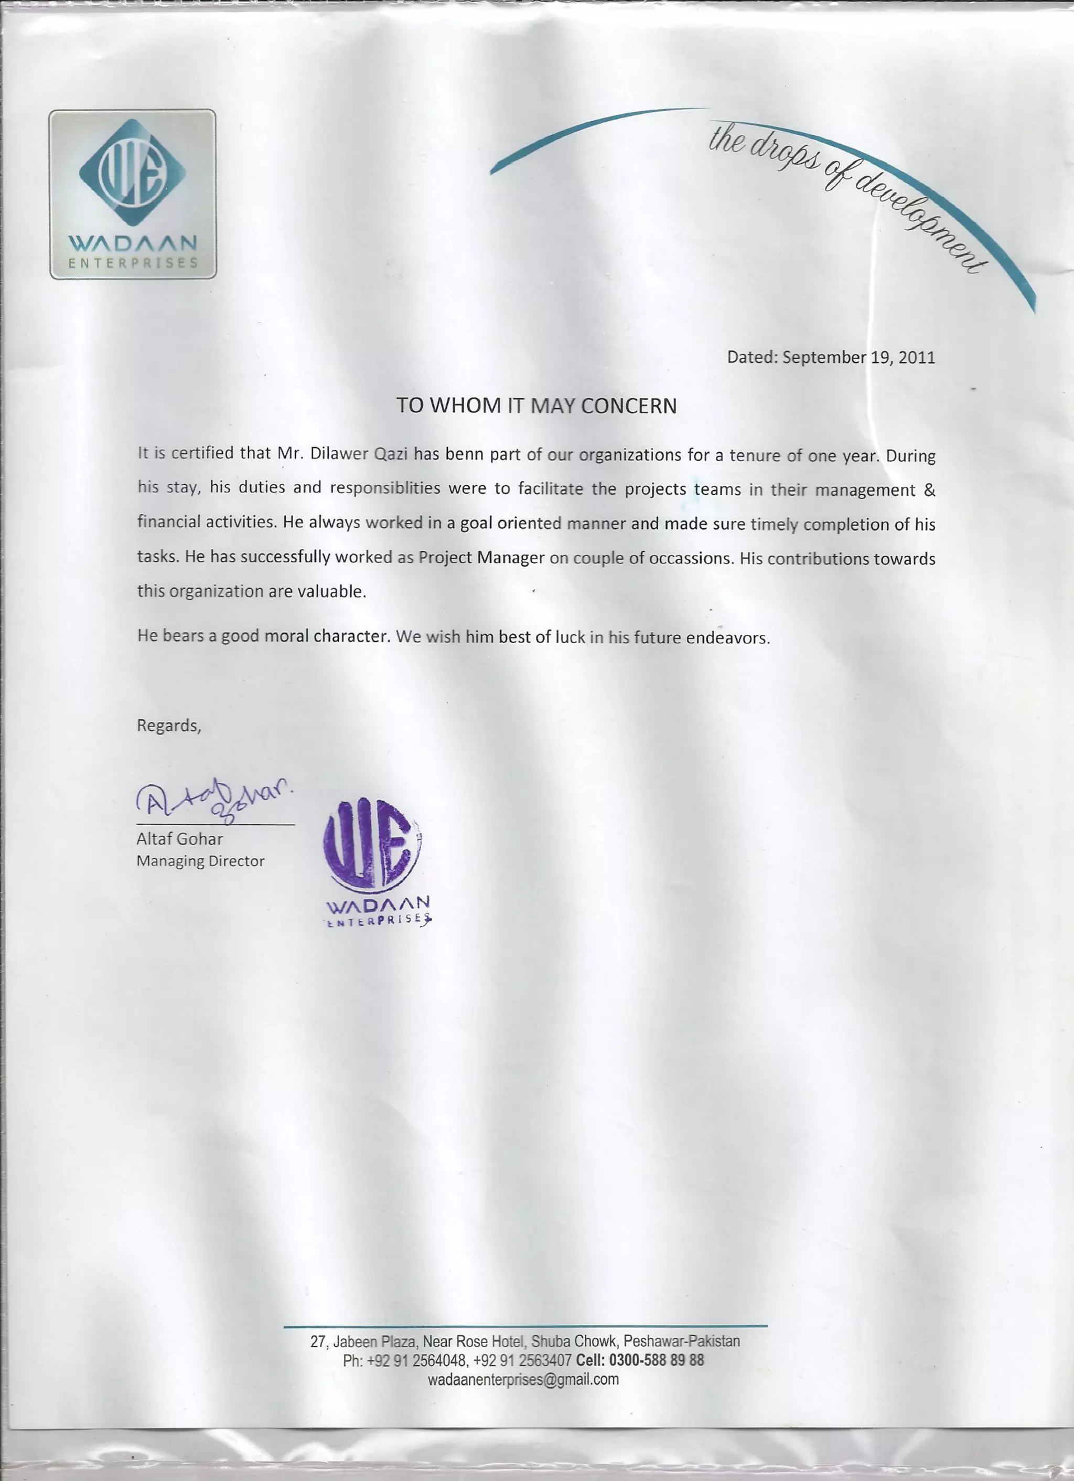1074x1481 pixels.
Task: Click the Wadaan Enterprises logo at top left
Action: pyautogui.click(x=133, y=194)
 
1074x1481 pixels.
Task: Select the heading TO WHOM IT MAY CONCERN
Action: pyautogui.click(x=536, y=406)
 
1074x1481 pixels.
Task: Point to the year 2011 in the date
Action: pyautogui.click(x=917, y=358)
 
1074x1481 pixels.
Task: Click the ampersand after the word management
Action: pyautogui.click(x=930, y=490)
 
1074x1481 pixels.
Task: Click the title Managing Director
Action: pyautogui.click(x=200, y=861)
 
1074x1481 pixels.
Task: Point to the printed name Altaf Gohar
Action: pyautogui.click(x=179, y=839)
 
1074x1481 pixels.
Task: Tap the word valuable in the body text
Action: pyautogui.click(x=331, y=592)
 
